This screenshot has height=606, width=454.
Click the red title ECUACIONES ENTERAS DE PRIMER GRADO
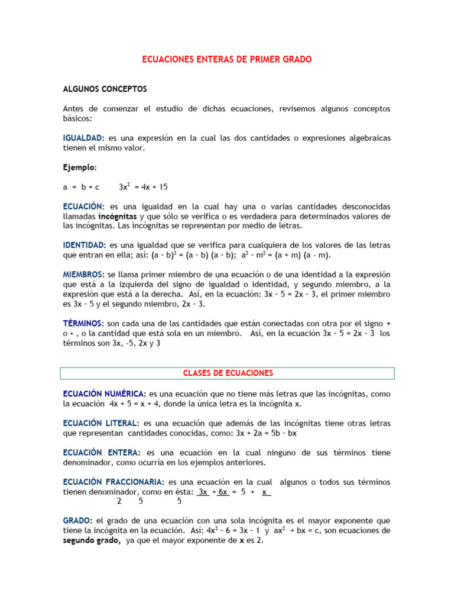pos(227,60)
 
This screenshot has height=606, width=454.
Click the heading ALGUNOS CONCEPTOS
pos(105,89)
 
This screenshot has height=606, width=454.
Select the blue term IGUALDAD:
pos(84,138)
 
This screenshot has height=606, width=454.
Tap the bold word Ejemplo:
pos(80,167)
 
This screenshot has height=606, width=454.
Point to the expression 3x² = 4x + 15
pos(143,187)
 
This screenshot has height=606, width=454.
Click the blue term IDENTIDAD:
pos(85,245)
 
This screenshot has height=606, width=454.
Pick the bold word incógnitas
pos(118,216)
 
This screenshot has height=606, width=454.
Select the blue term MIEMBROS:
pos(83,275)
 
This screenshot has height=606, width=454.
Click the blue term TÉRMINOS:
pos(84,323)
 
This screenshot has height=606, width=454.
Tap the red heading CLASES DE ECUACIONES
pos(228,373)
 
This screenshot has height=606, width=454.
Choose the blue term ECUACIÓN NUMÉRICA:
pos(105,394)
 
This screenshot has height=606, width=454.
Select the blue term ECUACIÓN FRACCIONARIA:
pos(114,482)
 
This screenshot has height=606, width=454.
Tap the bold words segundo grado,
pos(92,540)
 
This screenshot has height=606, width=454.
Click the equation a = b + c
pos(82,187)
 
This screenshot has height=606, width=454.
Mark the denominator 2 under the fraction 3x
pos(119,501)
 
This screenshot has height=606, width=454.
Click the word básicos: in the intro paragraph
pos(79,118)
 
